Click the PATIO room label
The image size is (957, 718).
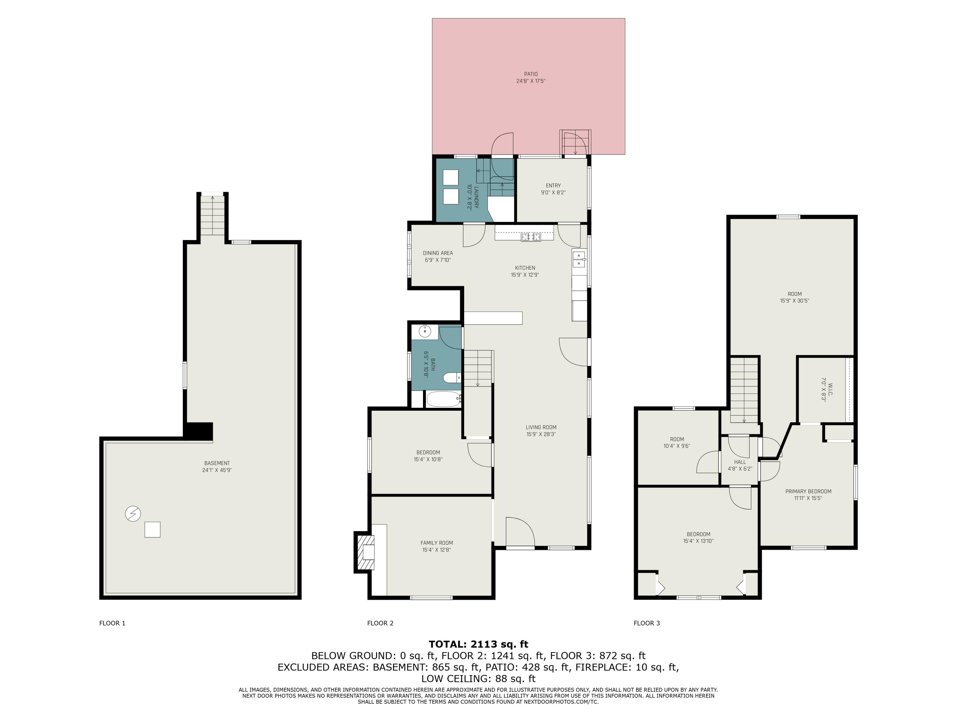531,74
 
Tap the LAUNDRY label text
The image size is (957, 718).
476,197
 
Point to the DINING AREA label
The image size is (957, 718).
438,253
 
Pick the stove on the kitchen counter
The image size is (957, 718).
531,237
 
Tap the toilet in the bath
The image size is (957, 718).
453,378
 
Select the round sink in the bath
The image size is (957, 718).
425,332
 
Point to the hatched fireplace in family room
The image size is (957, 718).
364,552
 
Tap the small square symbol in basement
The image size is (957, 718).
152,530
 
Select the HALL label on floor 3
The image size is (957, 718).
740,462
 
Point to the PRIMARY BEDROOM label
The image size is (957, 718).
808,491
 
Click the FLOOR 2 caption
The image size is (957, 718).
380,623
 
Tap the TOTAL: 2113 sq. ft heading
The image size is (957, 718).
478,644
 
